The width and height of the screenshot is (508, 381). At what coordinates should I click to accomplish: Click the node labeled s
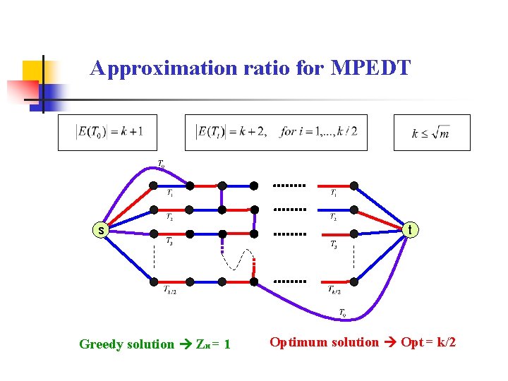tap(102, 230)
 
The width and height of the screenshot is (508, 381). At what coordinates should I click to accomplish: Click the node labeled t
tap(410, 229)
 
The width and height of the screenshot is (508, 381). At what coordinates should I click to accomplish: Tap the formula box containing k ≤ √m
tap(431, 132)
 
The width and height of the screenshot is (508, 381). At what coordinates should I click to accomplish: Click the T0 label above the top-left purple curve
tap(161, 164)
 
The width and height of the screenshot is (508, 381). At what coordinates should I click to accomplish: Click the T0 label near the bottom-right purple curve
tap(342, 312)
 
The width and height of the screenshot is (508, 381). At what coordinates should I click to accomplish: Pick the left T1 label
tap(171, 193)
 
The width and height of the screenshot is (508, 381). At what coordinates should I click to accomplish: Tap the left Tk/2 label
tap(170, 289)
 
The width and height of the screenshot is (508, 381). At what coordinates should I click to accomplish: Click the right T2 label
tap(333, 217)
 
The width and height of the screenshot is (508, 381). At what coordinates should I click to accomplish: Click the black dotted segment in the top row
tap(289, 186)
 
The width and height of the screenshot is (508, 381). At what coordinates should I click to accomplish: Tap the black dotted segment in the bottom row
tap(289, 282)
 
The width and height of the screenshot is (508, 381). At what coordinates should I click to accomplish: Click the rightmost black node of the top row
tap(354, 186)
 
